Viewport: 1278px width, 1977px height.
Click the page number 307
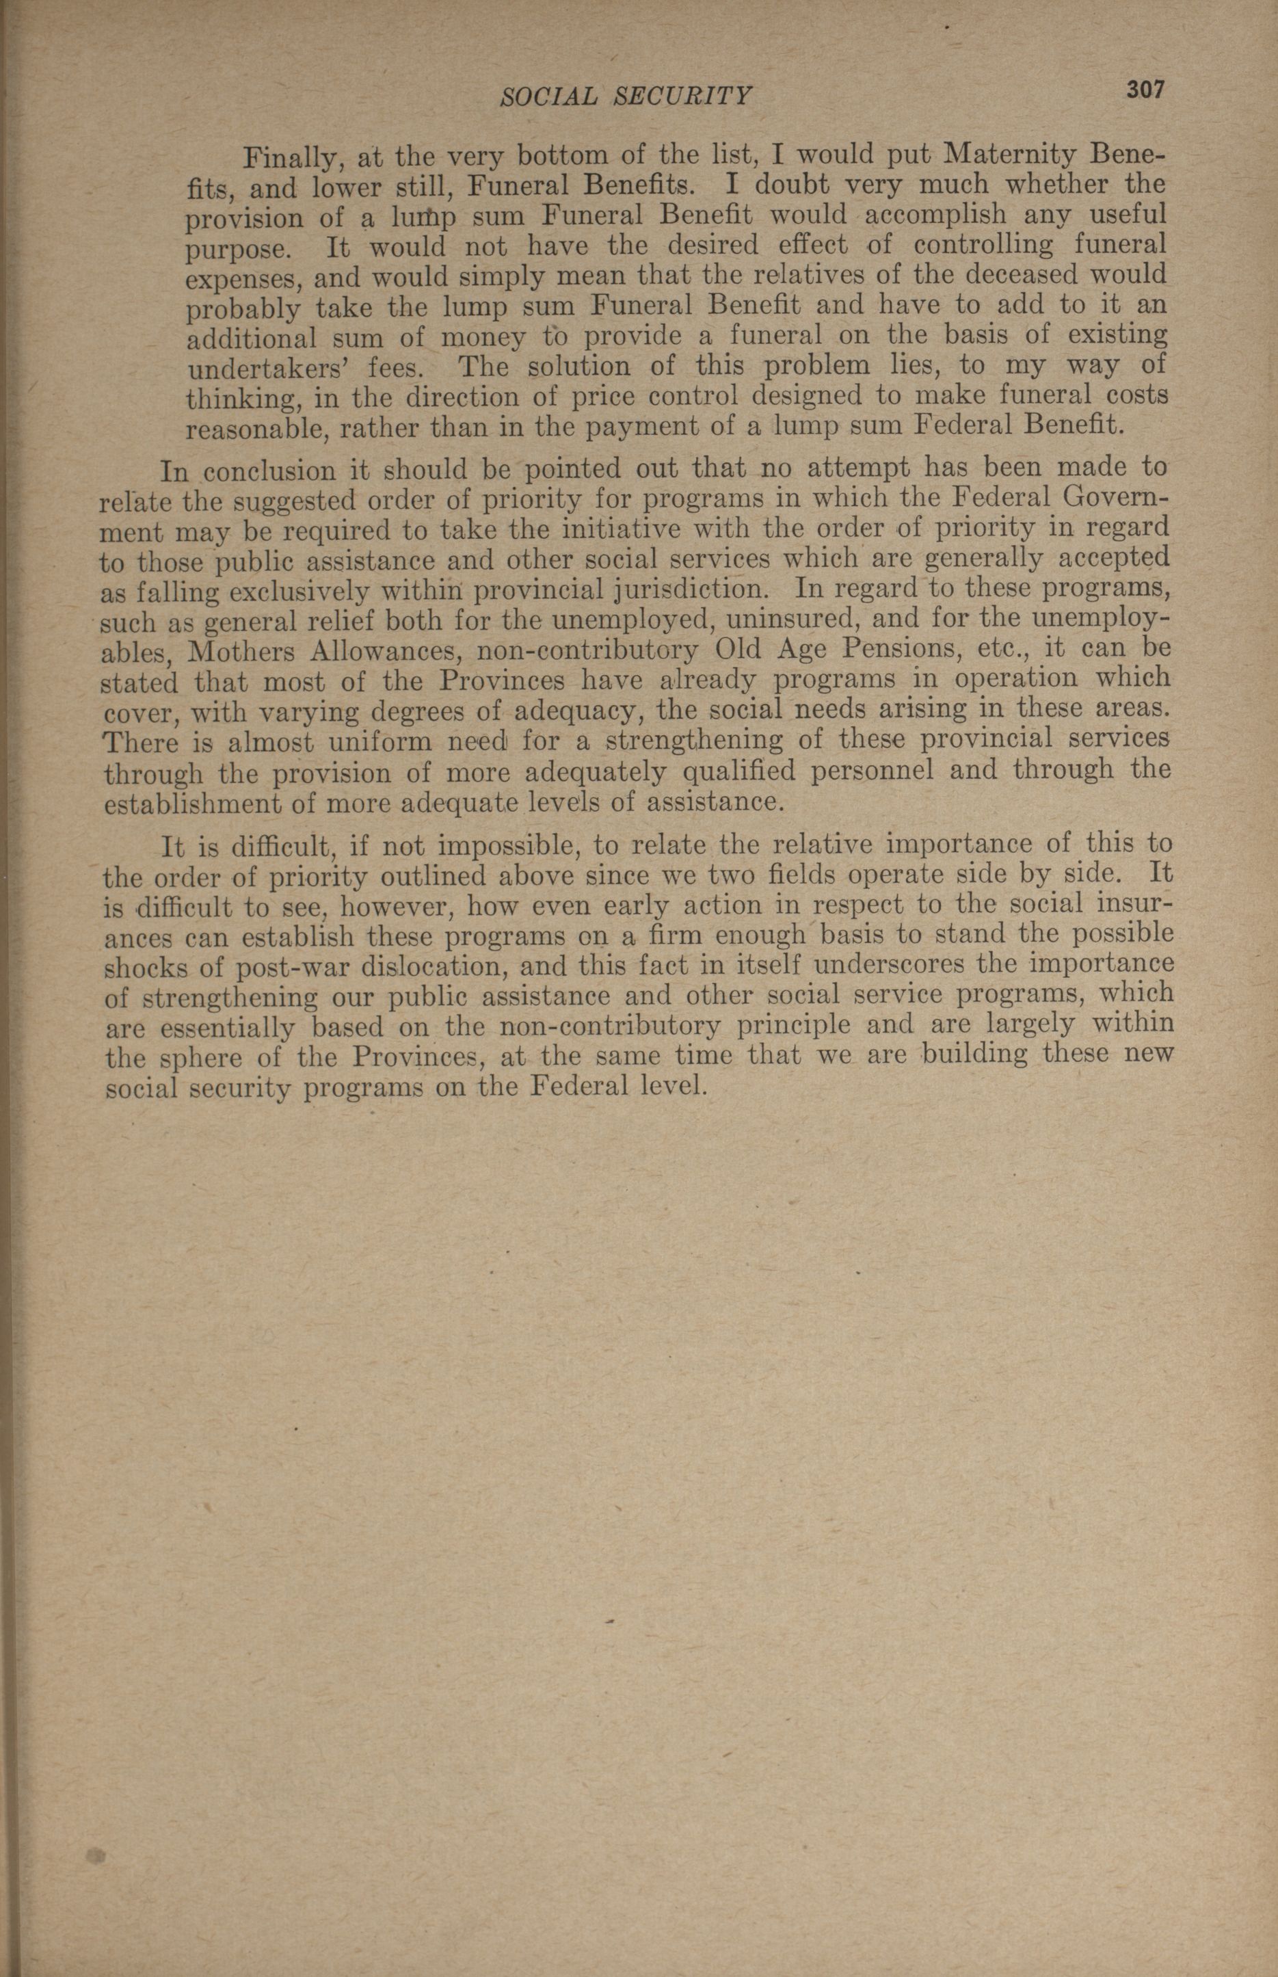[x=1145, y=90]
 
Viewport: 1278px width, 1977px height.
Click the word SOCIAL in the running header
[x=548, y=97]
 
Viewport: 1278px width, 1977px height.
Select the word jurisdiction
[x=697, y=590]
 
